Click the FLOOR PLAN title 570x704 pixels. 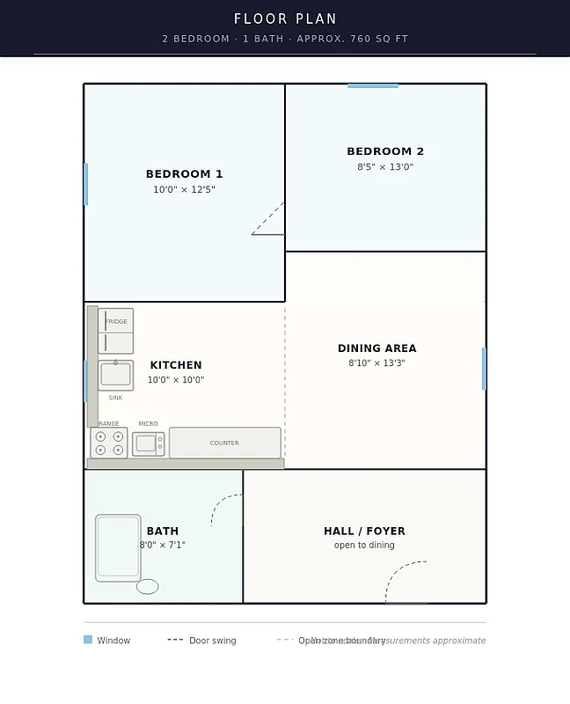pyautogui.click(x=285, y=18)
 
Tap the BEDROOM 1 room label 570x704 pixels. pyautogui.click(x=184, y=174)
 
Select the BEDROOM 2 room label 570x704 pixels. pyautogui.click(x=385, y=151)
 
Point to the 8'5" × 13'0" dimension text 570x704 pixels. pyautogui.click(x=385, y=167)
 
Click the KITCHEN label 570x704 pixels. pyautogui.click(x=176, y=365)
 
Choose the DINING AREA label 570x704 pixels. pyautogui.click(x=376, y=348)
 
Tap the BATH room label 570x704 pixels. pyautogui.click(x=163, y=531)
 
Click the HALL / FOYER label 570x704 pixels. pyautogui.click(x=364, y=531)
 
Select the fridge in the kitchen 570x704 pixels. pyautogui.click(x=115, y=331)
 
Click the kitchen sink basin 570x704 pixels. pyautogui.click(x=115, y=375)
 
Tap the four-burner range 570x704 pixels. pyautogui.click(x=109, y=443)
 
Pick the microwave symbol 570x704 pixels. pyautogui.click(x=148, y=444)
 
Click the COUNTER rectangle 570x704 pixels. pyautogui.click(x=224, y=443)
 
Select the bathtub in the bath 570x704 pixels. pyautogui.click(x=118, y=547)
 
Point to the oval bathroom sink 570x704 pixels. pyautogui.click(x=148, y=586)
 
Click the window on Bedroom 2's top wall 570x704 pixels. pyautogui.click(x=373, y=85)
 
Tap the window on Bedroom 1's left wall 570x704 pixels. pyautogui.click(x=85, y=184)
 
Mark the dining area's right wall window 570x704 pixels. pyautogui.click(x=484, y=368)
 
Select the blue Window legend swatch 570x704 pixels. pyautogui.click(x=88, y=640)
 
